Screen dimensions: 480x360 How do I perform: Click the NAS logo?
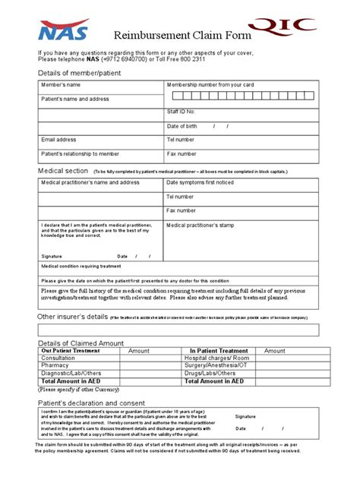tap(65, 30)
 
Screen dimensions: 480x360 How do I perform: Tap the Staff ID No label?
tap(182, 112)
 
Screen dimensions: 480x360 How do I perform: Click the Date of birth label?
tap(182, 126)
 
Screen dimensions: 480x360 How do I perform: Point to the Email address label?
tap(58, 140)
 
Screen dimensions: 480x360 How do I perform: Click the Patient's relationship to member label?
tap(80, 153)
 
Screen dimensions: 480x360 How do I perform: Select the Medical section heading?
tap(62, 171)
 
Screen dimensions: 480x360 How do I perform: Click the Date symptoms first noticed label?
tap(201, 183)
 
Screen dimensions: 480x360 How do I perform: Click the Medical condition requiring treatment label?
tap(81, 267)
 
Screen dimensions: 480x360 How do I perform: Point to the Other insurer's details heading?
tap(73, 316)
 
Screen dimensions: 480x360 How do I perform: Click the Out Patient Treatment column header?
tap(71, 351)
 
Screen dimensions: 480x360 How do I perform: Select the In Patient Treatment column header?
tap(219, 351)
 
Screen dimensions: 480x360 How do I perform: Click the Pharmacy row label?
tap(54, 365)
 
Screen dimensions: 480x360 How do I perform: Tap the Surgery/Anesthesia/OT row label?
tap(216, 365)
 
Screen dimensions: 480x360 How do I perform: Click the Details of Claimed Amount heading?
tap(80, 343)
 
